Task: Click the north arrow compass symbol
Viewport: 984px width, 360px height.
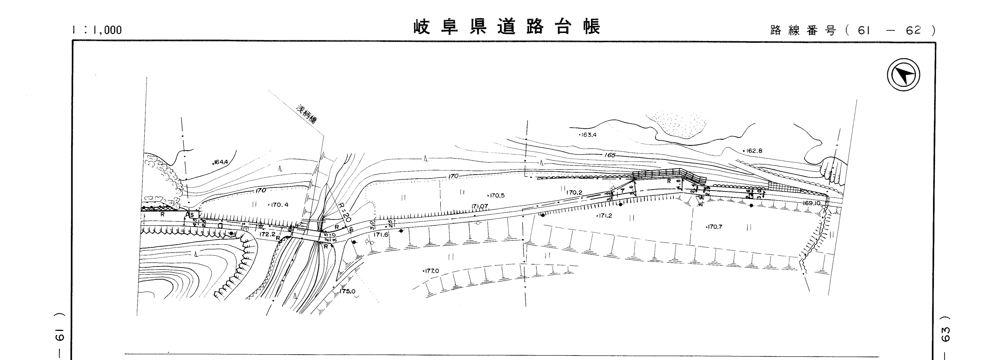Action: [x=903, y=74]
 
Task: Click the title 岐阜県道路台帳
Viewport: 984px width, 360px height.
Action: [x=507, y=27]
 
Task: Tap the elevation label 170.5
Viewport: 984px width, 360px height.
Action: [x=497, y=195]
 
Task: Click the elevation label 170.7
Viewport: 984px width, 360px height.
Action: [x=714, y=227]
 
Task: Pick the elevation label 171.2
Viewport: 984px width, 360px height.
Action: [x=605, y=215]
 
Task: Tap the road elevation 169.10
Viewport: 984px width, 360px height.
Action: [x=811, y=203]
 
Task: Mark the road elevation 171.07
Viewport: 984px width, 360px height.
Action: [x=480, y=207]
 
